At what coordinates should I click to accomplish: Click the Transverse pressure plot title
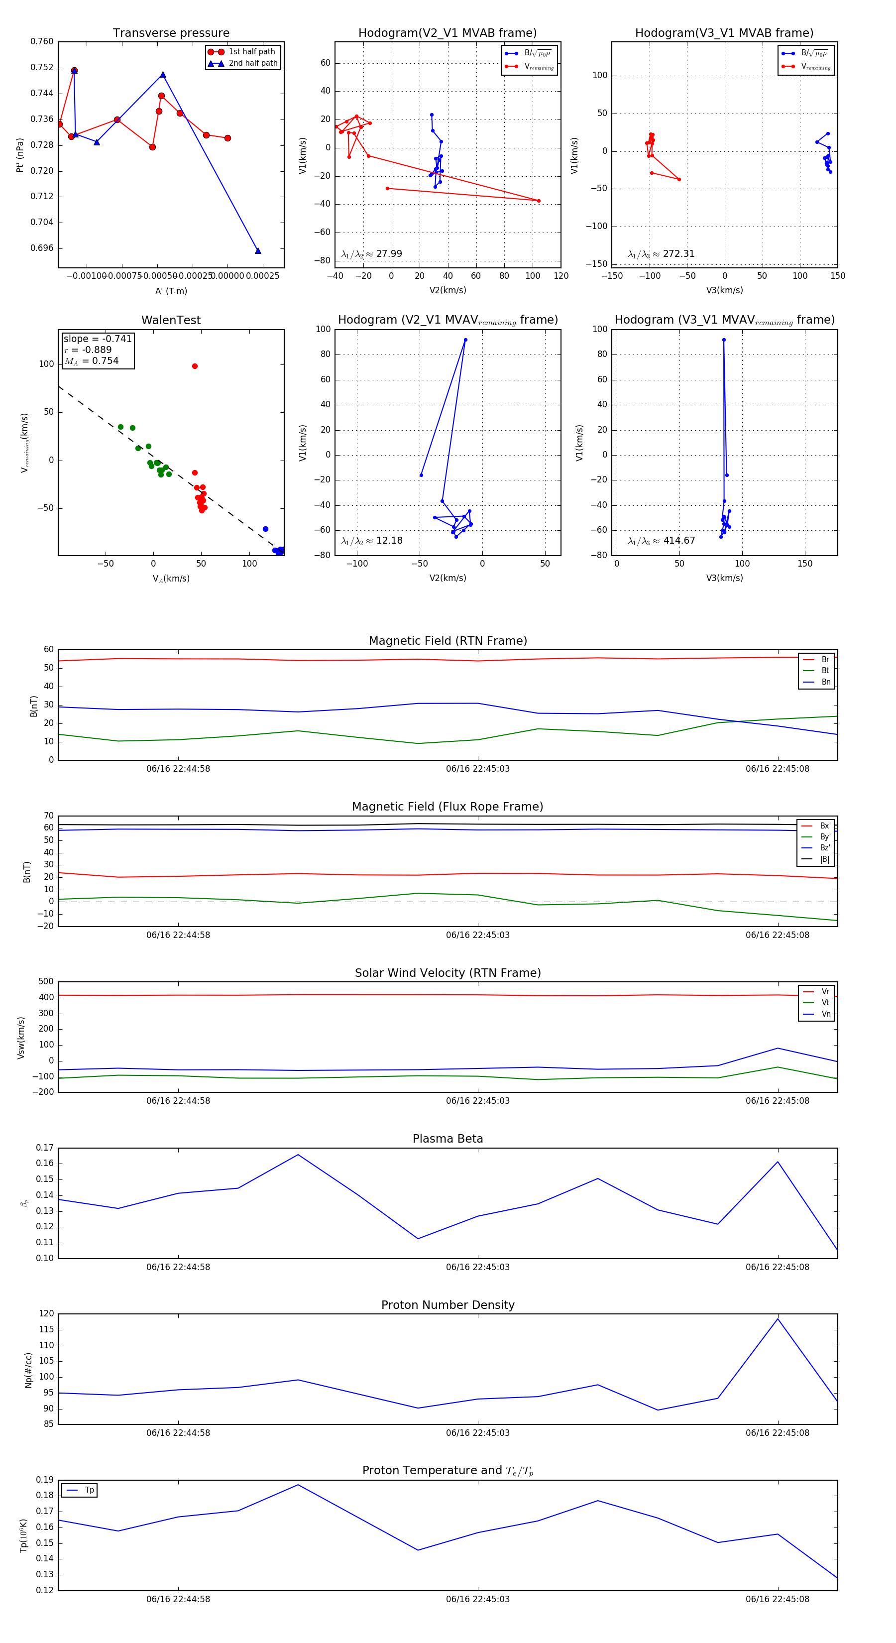pos(171,33)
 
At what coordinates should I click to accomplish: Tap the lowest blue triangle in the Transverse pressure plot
pos(258,250)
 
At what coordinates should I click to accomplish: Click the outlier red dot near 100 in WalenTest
pos(195,366)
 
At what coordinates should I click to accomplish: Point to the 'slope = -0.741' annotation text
pos(98,339)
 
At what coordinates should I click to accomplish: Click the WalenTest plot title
pos(171,320)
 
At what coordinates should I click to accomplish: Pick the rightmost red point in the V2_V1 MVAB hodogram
pos(538,201)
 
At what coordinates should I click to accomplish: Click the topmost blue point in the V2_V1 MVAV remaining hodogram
pos(465,340)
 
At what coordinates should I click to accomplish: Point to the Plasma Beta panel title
pos(448,1139)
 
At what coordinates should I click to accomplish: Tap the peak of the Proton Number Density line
pos(778,1319)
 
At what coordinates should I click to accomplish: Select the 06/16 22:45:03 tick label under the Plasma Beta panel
pos(478,1267)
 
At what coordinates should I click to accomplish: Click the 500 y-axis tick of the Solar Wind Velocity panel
pos(45,982)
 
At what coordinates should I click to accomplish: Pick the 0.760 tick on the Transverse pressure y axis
pos(42,41)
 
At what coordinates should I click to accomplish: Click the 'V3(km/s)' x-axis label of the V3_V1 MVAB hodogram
pos(724,290)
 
